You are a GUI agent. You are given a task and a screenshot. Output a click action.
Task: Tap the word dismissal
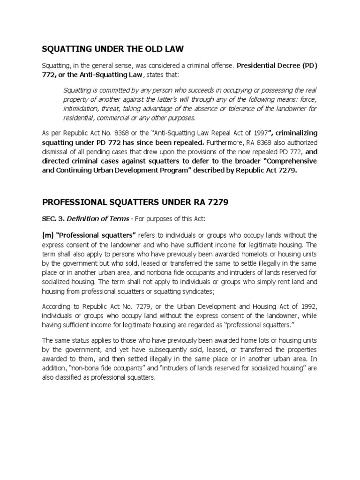tap(56, 151)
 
